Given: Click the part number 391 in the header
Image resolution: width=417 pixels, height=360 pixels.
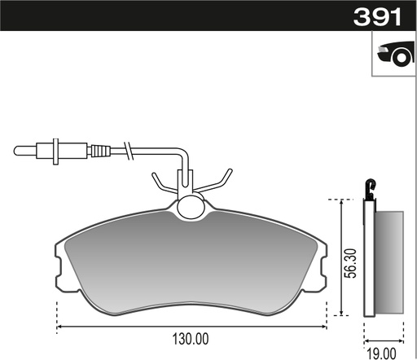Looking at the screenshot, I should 378,17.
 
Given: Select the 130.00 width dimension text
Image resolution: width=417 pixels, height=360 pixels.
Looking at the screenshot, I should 191,338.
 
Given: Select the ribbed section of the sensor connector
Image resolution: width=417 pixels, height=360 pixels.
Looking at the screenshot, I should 99,151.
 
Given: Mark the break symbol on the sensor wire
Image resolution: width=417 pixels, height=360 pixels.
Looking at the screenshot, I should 127,151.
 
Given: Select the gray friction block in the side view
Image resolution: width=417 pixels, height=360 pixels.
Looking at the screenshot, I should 388,262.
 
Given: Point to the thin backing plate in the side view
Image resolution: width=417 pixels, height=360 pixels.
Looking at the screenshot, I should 367,261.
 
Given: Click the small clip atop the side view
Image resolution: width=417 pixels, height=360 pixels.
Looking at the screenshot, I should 371,191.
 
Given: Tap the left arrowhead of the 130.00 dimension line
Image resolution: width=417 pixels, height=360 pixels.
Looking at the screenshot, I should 60,328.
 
